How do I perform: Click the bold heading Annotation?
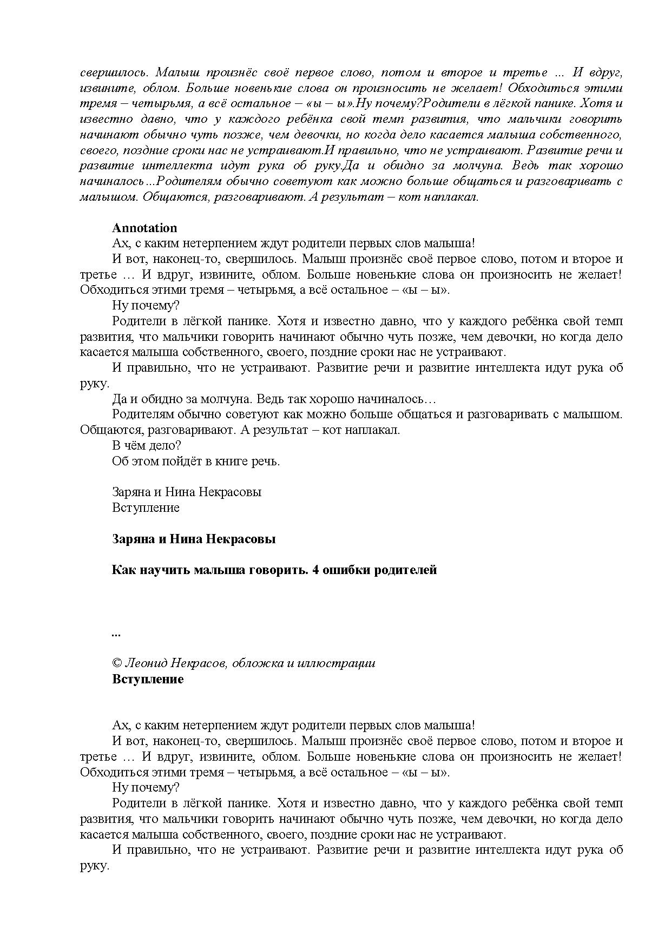point(144,228)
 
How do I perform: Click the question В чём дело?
point(146,446)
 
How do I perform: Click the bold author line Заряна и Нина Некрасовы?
point(194,539)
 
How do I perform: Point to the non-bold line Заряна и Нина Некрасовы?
point(186,492)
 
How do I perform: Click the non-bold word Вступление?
point(146,508)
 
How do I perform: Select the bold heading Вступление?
point(148,680)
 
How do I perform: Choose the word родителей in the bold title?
point(406,570)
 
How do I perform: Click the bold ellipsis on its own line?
point(116,634)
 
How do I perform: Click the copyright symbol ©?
point(117,663)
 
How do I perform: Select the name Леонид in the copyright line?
point(144,663)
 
